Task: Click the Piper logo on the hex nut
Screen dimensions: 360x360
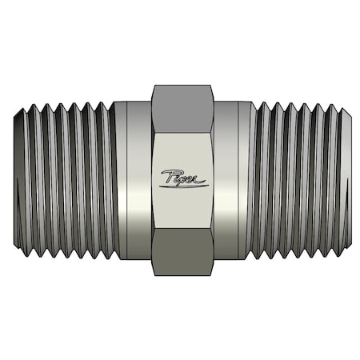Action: pos(183,178)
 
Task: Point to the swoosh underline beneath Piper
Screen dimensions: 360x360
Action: pos(186,185)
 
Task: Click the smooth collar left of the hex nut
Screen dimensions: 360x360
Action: pos(133,180)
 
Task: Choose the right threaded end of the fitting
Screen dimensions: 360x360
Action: pos(299,180)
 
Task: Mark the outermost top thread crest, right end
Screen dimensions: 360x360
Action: pos(336,105)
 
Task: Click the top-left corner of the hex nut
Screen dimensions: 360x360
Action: pos(152,86)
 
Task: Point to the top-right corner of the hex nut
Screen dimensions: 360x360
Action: pos(214,86)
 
